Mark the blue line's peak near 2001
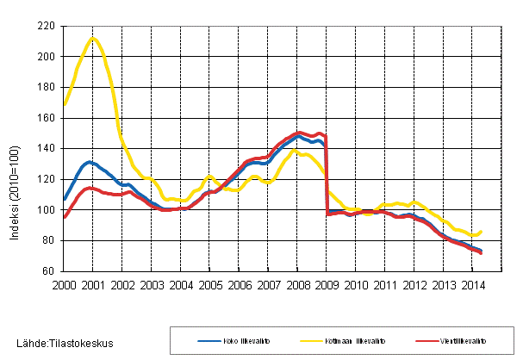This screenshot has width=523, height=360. pos(89,162)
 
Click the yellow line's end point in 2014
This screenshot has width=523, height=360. pos(480,232)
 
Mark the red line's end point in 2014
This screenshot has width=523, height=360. pos(480,253)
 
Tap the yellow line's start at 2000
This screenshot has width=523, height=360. pos(64,105)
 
